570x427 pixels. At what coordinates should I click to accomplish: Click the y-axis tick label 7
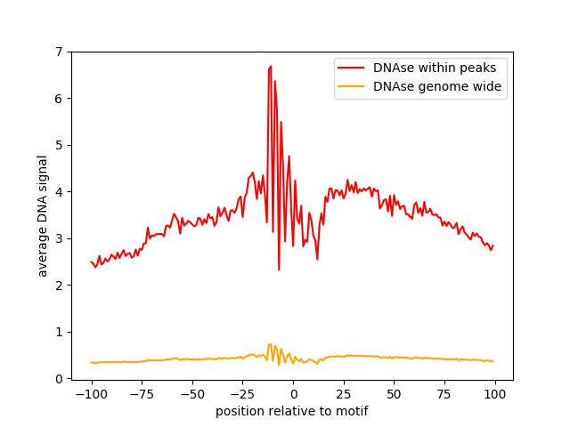tap(59, 52)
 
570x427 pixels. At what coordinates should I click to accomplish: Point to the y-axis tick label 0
tap(59, 379)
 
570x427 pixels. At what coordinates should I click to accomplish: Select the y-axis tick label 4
tap(59, 192)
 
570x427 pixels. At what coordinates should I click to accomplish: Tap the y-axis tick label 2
tap(59, 286)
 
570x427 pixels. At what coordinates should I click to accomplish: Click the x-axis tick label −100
tap(91, 394)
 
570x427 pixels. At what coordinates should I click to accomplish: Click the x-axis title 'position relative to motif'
tap(292, 411)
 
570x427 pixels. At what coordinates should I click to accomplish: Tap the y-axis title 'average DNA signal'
tap(43, 215)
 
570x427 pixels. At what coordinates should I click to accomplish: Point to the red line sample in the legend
tap(352, 67)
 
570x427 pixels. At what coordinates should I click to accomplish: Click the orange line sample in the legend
tap(352, 87)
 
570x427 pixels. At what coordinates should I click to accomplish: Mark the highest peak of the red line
tap(270, 66)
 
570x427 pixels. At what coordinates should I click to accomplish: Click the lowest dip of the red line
tap(279, 270)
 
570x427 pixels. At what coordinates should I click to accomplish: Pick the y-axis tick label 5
tap(59, 145)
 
